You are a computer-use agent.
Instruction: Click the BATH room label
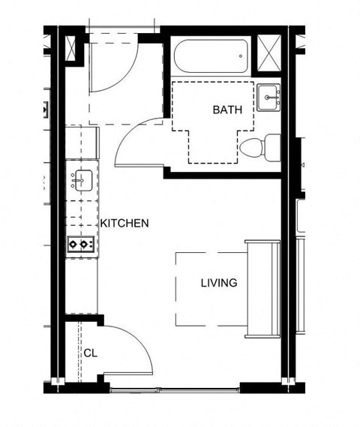click(x=227, y=110)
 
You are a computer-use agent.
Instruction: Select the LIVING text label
click(x=219, y=283)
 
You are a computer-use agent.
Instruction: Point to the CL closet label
click(x=89, y=352)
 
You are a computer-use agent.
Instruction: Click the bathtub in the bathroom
click(x=211, y=56)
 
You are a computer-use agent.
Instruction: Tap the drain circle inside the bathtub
click(x=239, y=54)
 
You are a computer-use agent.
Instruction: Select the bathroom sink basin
click(x=269, y=98)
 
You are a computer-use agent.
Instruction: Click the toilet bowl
click(x=251, y=146)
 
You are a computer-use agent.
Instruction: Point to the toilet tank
click(x=272, y=145)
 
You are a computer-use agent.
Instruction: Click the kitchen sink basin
click(x=82, y=181)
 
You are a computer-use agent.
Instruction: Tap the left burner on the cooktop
click(x=74, y=244)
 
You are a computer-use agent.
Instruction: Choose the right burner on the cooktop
click(x=86, y=244)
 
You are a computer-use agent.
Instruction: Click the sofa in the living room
click(x=262, y=289)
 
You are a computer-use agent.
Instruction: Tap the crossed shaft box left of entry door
click(x=73, y=49)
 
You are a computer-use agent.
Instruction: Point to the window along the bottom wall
click(x=176, y=389)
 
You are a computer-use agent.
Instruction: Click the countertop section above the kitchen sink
click(x=82, y=143)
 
